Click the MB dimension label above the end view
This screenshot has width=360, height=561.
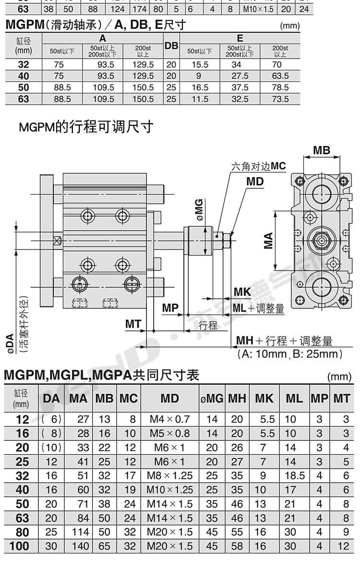322,150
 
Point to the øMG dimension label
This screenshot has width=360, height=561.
200,209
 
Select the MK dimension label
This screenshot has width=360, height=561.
242,292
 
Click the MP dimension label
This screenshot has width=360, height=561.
170,307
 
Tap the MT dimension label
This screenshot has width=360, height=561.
134,324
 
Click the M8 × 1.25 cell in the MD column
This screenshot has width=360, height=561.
170,476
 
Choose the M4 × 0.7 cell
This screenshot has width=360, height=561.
170,420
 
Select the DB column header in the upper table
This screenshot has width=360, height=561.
171,47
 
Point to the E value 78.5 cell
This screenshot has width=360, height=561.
280,87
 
